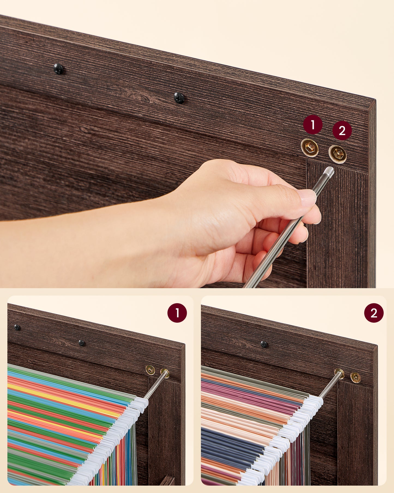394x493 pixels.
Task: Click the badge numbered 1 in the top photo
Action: [x=313, y=125]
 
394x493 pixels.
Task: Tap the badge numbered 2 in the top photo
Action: [x=342, y=130]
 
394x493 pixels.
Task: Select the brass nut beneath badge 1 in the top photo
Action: [x=310, y=148]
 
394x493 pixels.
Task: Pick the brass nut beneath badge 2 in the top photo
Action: [x=338, y=154]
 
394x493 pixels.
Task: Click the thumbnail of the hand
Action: [x=308, y=198]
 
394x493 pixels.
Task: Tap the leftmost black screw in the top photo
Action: [x=58, y=69]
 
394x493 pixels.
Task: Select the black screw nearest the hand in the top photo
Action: [x=179, y=98]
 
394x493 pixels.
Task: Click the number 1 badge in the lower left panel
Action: [x=177, y=313]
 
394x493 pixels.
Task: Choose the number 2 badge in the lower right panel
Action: [x=374, y=313]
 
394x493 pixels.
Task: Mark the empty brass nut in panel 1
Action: [x=150, y=370]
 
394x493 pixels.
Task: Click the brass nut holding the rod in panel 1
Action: [x=165, y=373]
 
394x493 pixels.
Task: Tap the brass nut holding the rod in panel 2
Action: [x=339, y=374]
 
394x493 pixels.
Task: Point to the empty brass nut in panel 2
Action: [x=356, y=378]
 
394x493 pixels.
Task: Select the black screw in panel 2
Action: [x=264, y=344]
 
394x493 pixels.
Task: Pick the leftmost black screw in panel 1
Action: [x=17, y=327]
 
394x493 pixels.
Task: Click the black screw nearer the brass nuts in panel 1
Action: [x=82, y=343]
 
